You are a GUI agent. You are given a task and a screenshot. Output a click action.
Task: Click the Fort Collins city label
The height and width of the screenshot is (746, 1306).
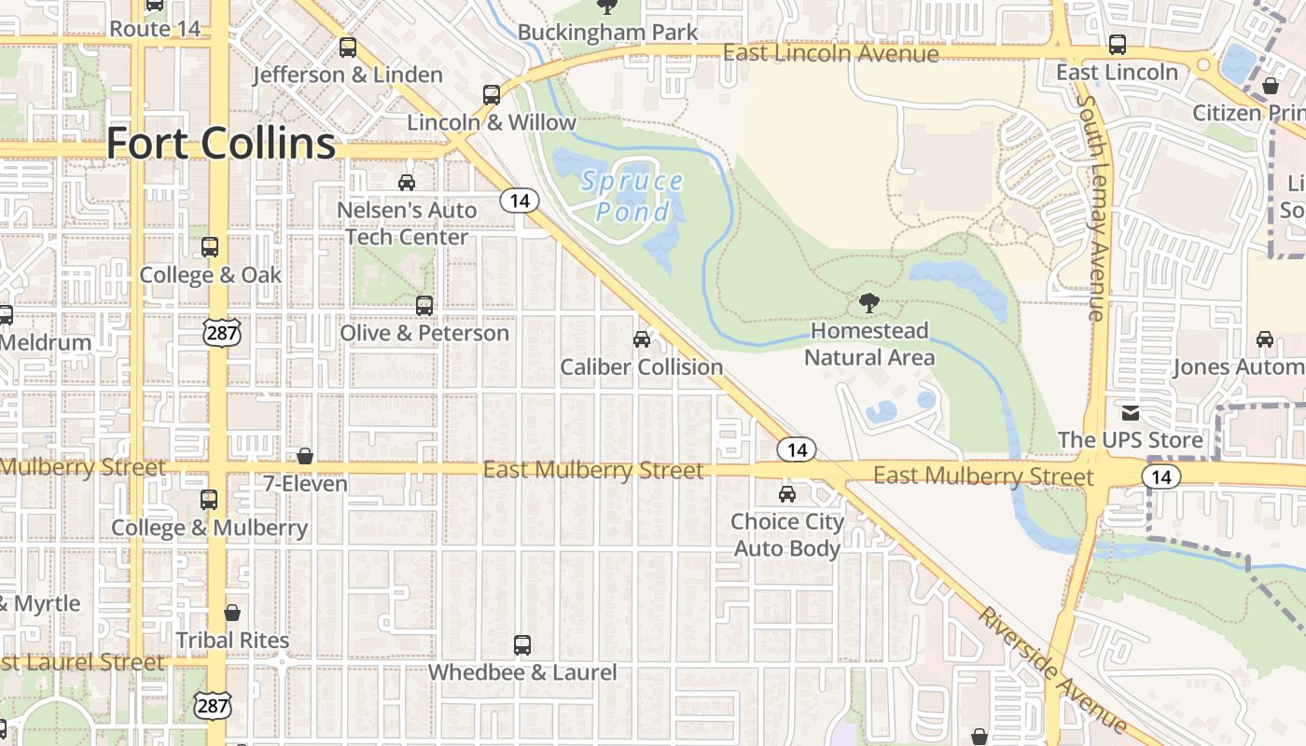221,144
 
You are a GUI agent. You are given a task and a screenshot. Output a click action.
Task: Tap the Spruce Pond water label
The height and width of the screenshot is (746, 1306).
632,196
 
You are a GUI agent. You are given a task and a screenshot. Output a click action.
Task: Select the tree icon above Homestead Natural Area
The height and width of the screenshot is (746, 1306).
868,302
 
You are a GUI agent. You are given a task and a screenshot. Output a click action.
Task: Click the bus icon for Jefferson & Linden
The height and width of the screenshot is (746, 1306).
348,47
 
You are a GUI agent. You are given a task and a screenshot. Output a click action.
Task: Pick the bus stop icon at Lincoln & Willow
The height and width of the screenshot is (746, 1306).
492,94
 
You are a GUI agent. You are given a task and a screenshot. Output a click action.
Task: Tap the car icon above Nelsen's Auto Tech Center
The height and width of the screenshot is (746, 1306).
407,182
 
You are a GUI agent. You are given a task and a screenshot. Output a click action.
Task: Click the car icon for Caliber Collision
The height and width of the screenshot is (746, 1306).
642,338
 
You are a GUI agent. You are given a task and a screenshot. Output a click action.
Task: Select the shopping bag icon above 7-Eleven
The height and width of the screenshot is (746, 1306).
305,456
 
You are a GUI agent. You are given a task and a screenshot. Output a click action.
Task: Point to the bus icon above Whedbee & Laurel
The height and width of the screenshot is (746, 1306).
522,644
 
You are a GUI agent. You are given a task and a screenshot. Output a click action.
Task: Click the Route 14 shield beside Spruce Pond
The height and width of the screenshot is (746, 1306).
520,200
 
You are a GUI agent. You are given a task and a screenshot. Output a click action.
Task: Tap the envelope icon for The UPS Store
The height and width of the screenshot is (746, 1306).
1131,412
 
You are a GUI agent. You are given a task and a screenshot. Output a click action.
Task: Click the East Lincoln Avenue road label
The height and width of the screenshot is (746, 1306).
831,53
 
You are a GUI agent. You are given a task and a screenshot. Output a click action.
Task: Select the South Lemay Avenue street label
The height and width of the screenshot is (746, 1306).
1091,205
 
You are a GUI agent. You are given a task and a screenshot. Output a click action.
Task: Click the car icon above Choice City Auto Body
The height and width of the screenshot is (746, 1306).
787,493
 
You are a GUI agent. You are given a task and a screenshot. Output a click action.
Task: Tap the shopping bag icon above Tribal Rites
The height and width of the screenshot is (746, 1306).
232,613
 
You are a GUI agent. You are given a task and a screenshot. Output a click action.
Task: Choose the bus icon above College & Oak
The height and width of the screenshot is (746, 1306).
210,247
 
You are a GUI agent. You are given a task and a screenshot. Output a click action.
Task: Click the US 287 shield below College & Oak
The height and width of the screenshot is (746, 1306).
225,332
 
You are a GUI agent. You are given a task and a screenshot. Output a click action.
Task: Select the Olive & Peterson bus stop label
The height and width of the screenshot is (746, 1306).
424,333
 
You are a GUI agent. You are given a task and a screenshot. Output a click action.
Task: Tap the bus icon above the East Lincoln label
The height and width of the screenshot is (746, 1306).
1117,44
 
